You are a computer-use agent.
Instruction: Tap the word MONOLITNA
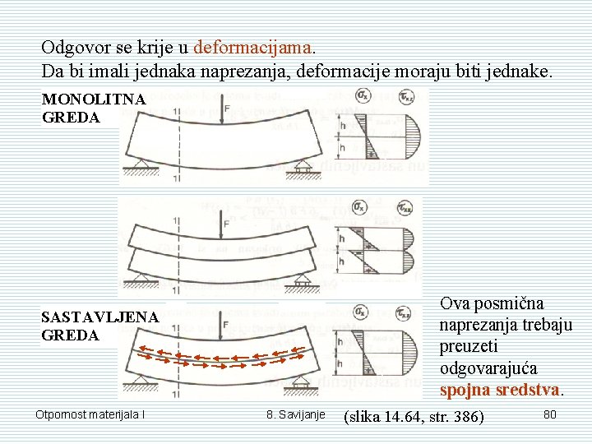[x=94, y=99]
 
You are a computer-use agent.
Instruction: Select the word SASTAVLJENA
[x=99, y=317]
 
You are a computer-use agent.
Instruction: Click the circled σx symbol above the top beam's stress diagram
[x=362, y=97]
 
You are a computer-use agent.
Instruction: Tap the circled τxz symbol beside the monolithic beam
[x=405, y=97]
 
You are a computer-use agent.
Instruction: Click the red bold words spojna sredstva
[x=501, y=389]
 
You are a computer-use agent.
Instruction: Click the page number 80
[x=550, y=414]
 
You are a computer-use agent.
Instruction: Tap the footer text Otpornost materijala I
[x=90, y=414]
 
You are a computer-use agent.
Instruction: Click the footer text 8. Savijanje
[x=296, y=414]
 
